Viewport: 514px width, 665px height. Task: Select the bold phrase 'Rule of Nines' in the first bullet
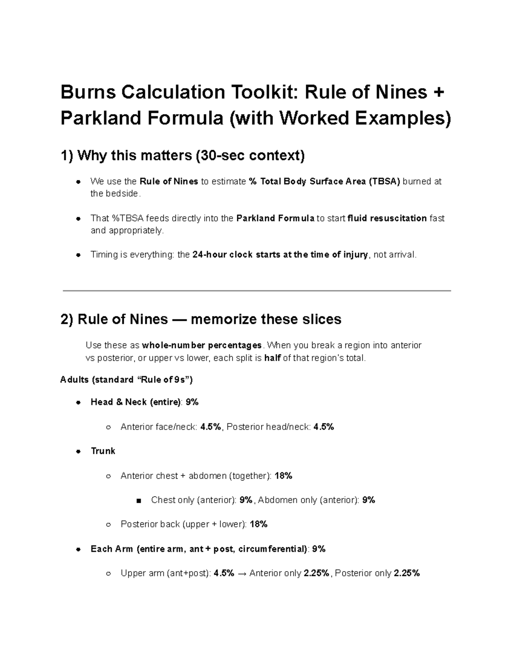tap(169, 182)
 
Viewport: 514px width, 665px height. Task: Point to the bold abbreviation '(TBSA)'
tap(384, 182)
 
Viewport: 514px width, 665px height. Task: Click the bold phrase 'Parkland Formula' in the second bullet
tap(275, 218)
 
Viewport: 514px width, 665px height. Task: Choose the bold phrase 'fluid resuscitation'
tap(387, 218)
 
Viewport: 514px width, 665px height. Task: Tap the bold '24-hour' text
tap(209, 255)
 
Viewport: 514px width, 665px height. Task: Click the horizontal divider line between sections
tap(257, 291)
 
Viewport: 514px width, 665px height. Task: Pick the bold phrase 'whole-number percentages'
tap(202, 346)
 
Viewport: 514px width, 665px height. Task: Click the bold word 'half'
tap(272, 358)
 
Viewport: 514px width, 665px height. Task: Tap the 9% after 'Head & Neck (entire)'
tap(192, 402)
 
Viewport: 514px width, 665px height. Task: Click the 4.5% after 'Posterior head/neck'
tap(323, 426)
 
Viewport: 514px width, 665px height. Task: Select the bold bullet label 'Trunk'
tap(103, 451)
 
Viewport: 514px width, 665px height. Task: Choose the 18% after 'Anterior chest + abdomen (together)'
tap(283, 476)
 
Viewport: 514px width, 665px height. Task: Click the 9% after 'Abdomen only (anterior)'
tap(368, 500)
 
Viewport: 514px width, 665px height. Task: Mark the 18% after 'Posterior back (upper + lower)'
tap(258, 524)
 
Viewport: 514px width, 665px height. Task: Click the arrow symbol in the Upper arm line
tap(242, 573)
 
